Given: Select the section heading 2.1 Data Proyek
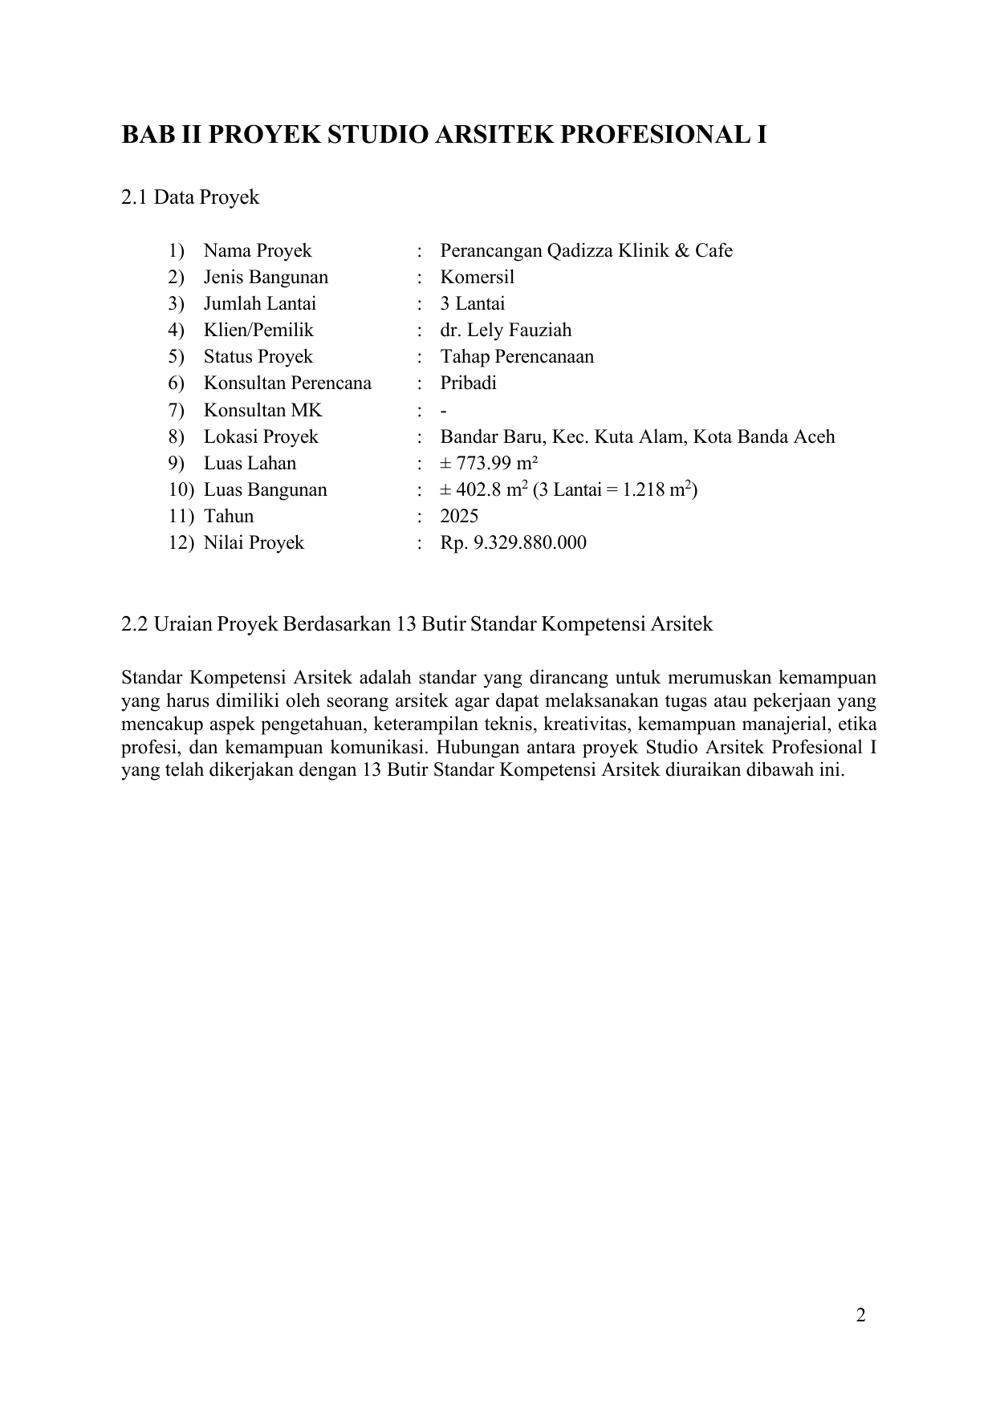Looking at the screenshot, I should click(x=190, y=197).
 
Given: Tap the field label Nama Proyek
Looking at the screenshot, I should click(x=257, y=251).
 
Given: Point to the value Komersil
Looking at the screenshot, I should click(x=477, y=278).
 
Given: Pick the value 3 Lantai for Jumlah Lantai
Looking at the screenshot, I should click(x=472, y=304).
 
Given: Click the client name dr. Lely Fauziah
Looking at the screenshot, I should click(x=506, y=331).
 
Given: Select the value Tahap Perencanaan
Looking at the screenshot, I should click(x=517, y=357).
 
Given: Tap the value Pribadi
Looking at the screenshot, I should click(x=468, y=383).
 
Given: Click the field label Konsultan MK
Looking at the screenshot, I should click(x=262, y=411).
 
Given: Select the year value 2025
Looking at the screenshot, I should click(x=459, y=517).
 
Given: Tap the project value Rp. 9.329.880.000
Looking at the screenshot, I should click(x=513, y=543).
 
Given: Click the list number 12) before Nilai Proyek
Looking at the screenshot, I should click(x=181, y=543).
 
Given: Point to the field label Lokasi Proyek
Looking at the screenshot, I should click(x=260, y=437).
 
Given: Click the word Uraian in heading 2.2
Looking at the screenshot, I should click(x=183, y=624).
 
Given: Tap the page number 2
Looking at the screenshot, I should click(x=860, y=1316).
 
